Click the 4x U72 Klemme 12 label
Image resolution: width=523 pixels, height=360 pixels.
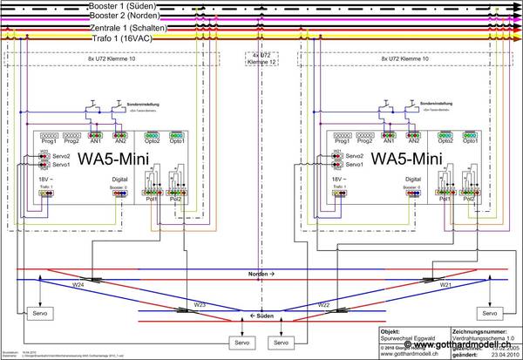click(x=258, y=59)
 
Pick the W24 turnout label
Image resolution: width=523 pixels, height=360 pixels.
click(x=78, y=285)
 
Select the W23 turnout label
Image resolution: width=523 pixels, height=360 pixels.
click(x=200, y=304)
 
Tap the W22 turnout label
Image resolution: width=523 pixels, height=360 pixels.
click(x=323, y=304)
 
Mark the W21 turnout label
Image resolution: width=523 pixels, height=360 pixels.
click(x=445, y=285)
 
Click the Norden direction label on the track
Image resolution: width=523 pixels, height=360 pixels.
click(x=261, y=274)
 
